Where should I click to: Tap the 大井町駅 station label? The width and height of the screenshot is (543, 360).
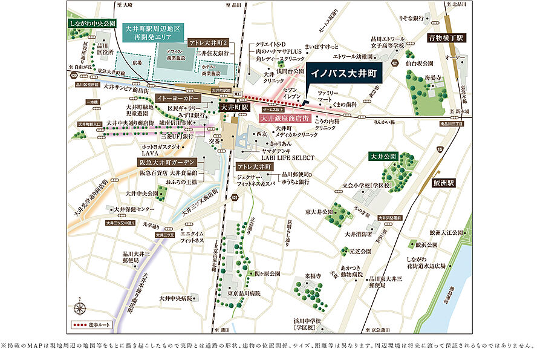pos(234,107)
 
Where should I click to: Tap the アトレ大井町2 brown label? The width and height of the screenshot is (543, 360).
pos(207,44)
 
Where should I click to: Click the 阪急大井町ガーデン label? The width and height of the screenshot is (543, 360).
pos(166,163)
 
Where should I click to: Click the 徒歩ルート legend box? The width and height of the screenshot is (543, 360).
pos(87,325)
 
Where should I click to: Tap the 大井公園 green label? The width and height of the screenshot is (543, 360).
pos(383,156)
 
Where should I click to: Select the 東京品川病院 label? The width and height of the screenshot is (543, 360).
pos(240,293)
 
